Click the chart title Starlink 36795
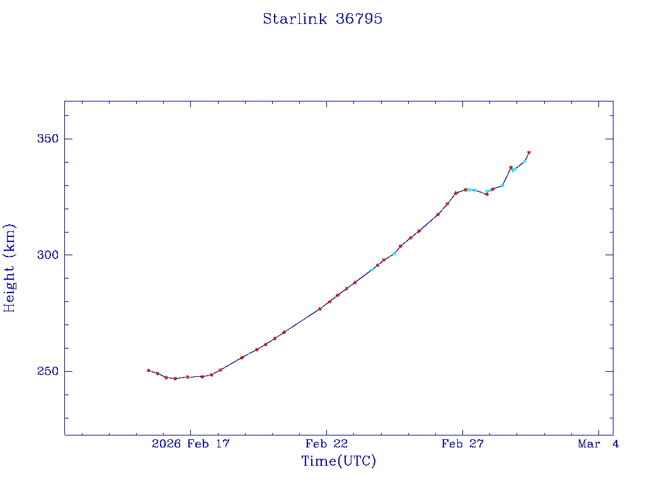coord(322,19)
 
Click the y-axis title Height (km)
coord(9,268)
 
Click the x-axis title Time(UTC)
coord(339,461)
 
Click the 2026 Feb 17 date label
coord(191,444)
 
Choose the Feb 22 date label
coord(327,444)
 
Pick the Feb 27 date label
coord(462,444)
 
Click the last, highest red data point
coord(529,153)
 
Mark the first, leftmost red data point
coord(149,371)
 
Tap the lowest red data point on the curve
coord(175,378)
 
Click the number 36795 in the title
coord(358,19)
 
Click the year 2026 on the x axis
coord(166,444)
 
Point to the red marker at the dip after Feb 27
coord(487,194)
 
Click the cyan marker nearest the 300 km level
coord(394,253)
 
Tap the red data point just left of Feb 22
coord(320,309)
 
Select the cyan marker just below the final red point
coord(525,161)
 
